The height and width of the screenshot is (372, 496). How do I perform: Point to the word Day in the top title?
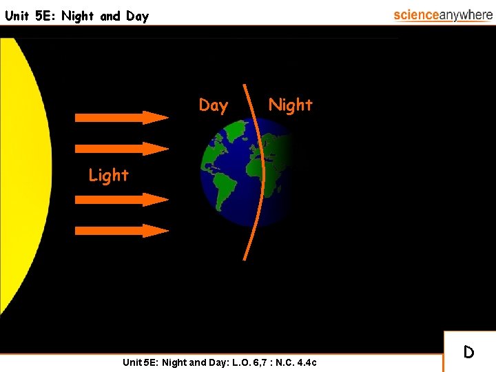(137, 16)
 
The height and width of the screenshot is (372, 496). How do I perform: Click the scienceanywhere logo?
(443, 15)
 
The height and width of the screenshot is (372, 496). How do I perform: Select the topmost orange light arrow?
(121, 117)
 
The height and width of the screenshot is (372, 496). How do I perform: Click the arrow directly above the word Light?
(121, 147)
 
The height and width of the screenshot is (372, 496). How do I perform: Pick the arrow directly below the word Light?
(121, 200)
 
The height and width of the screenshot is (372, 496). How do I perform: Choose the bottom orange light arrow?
(121, 230)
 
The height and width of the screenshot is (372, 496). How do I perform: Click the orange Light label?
(108, 176)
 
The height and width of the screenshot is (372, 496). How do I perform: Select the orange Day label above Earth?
(213, 105)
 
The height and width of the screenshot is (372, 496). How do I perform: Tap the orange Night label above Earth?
(290, 105)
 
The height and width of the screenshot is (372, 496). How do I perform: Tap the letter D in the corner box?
(468, 353)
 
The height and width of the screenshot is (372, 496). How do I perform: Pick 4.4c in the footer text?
(304, 362)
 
